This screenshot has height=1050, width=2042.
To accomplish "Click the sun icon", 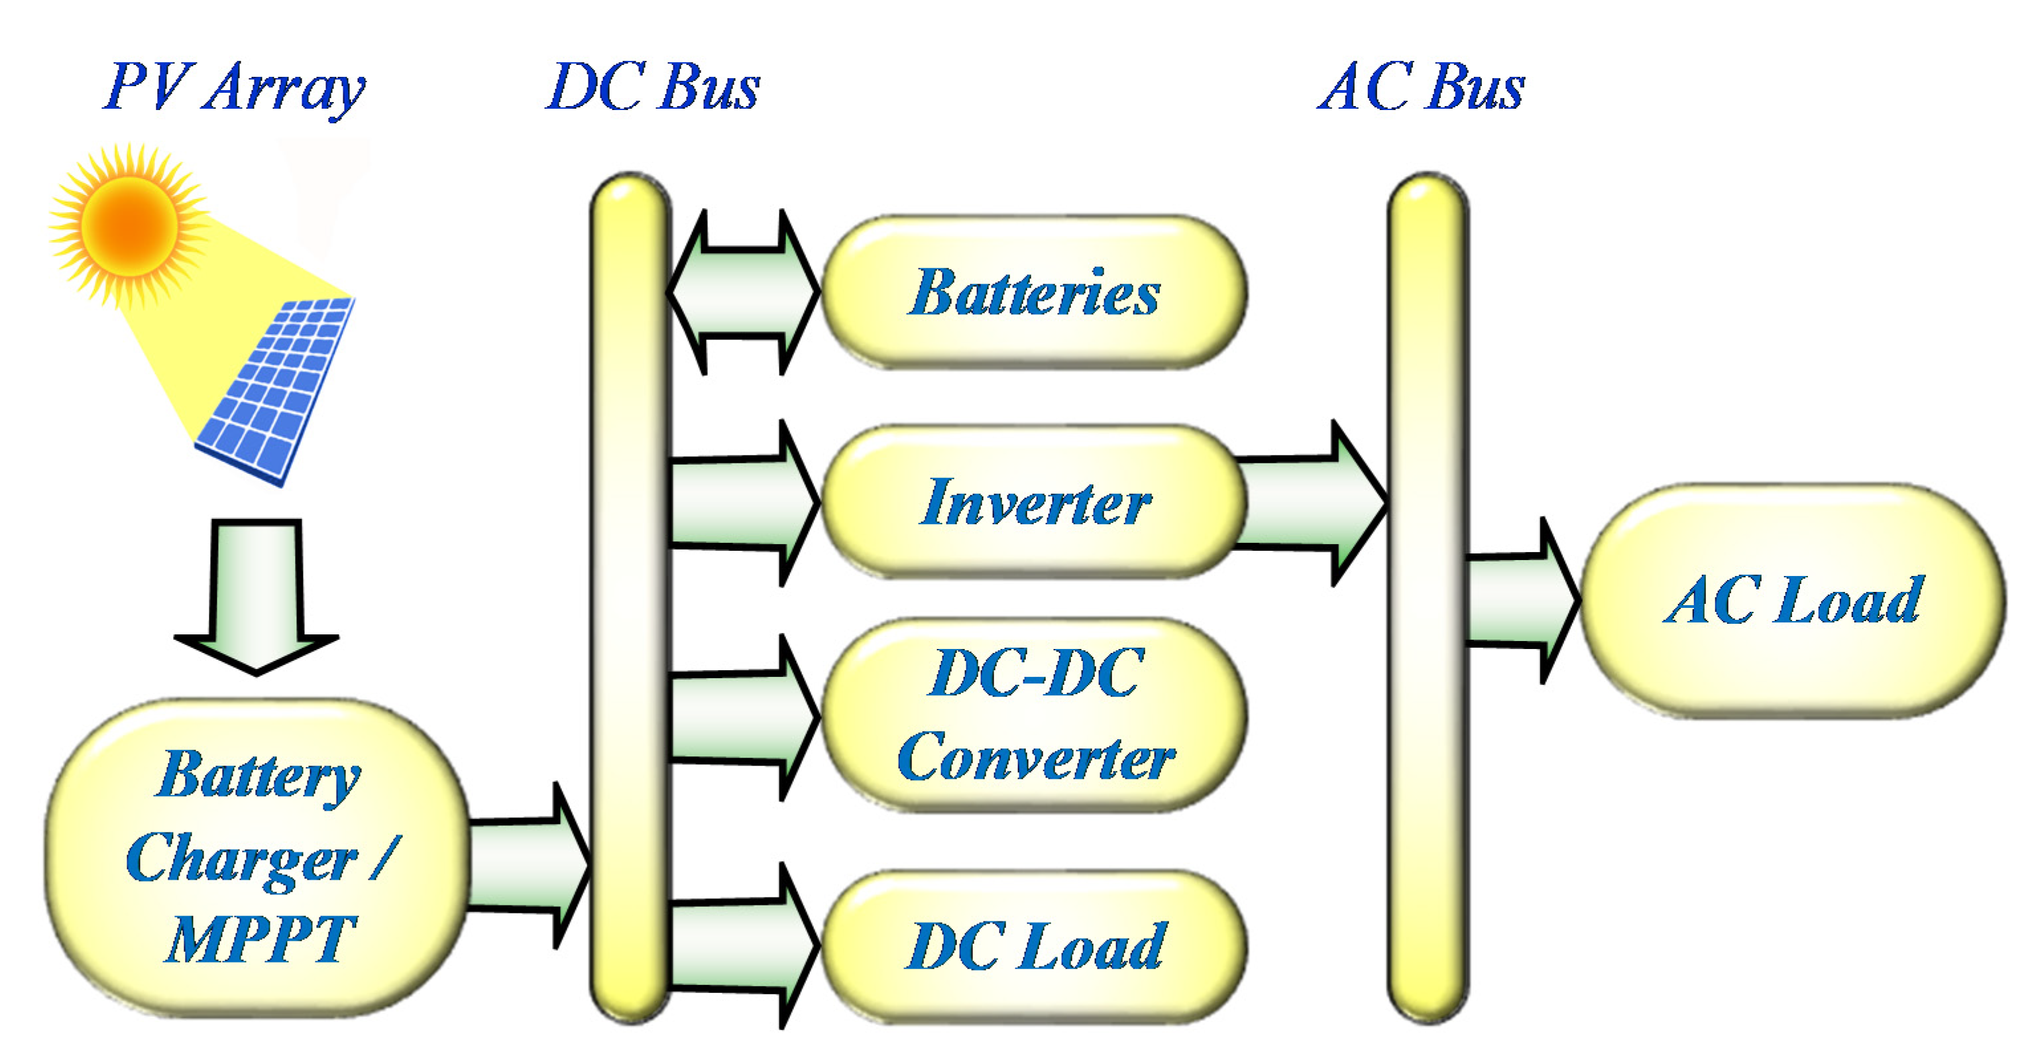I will [x=129, y=225].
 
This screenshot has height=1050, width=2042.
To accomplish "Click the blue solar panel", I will [x=275, y=390].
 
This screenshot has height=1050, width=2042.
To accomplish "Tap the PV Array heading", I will [x=235, y=87].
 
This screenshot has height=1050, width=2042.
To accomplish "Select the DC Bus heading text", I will [x=653, y=87].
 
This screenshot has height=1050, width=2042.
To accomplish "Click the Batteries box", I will [x=1034, y=292].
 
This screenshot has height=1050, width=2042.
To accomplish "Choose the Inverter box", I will [x=1034, y=501].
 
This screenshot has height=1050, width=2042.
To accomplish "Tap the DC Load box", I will [x=1034, y=945].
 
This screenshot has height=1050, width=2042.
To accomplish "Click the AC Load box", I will [x=1793, y=601].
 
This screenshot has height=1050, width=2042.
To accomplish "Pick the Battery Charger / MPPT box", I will [x=258, y=856].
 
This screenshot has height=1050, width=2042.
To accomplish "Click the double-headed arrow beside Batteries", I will [x=744, y=292].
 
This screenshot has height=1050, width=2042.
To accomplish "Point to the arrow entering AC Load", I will [x=1518, y=601].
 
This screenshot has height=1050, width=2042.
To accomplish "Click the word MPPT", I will [x=260, y=939].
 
